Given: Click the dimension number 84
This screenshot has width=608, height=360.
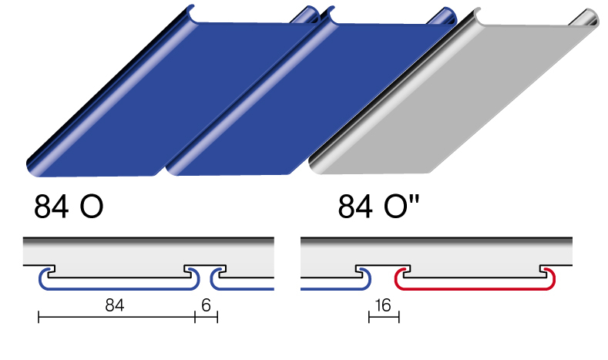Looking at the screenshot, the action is click(114, 305).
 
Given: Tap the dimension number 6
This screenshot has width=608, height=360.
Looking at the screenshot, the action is click(206, 305).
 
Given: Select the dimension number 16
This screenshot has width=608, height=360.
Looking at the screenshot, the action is click(383, 305).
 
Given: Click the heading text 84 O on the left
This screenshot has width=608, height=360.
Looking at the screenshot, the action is click(69, 207).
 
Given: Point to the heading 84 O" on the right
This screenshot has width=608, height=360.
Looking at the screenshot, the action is click(379, 207).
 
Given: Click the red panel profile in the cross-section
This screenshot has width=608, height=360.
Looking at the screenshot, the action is click(475, 288).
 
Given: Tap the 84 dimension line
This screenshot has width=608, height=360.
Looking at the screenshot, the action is click(116, 317).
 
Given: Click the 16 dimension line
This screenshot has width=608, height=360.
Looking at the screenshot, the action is click(384, 317).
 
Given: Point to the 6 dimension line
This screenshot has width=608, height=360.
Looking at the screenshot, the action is click(207, 317).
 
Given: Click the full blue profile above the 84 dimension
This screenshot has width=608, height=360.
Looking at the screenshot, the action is click(119, 288).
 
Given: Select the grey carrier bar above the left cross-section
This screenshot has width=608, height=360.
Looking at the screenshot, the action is click(149, 251).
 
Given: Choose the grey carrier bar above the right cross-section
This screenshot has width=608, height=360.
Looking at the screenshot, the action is click(437, 251).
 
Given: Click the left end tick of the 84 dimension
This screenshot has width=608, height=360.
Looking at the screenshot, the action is click(39, 317).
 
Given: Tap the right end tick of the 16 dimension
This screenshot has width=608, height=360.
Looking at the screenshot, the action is click(399, 317).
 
